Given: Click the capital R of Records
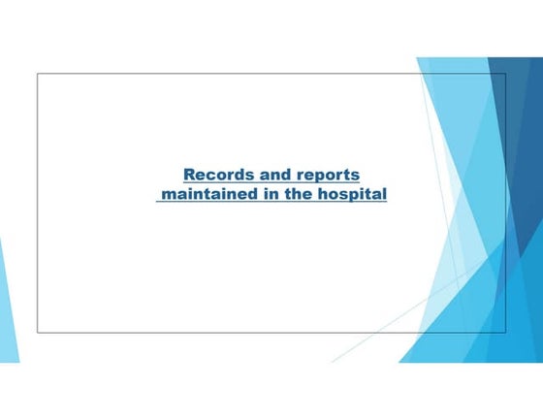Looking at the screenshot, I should coord(189,175).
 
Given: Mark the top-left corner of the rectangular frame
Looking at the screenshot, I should coord(38,74).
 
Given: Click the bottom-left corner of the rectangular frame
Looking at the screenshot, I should coord(38,332).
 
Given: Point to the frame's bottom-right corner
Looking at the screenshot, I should coord(505,332).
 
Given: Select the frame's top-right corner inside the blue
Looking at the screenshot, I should coord(505,74).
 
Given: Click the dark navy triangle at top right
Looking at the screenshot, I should coord(524,116).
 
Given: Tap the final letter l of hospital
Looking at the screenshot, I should coord(385,195).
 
